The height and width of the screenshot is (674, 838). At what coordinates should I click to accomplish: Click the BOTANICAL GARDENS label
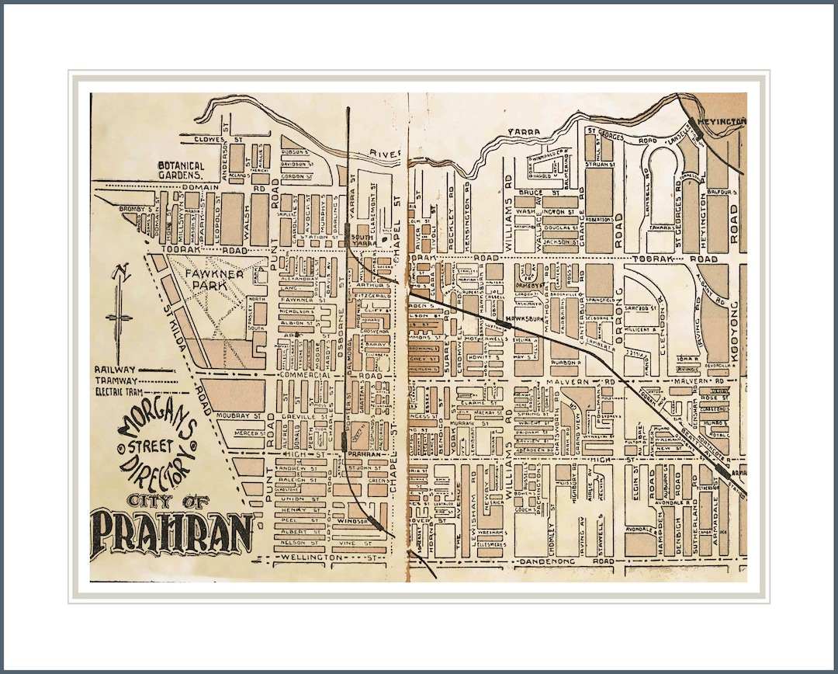[x=181, y=170]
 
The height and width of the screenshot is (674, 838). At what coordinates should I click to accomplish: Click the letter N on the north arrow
[x=119, y=273]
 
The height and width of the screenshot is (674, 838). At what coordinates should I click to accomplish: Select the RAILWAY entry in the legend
[x=114, y=370]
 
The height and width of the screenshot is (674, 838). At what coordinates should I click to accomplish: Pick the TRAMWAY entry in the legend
[x=116, y=380]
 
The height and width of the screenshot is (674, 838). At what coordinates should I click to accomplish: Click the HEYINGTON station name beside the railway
[x=725, y=122]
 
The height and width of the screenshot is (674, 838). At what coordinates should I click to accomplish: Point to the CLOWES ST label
[x=204, y=140]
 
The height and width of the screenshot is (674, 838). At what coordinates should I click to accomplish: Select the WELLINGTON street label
[x=314, y=558]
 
